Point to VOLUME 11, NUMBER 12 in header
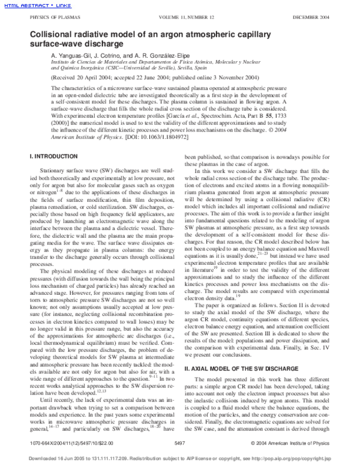pos(179,18)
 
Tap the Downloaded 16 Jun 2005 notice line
pos(179,458)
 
